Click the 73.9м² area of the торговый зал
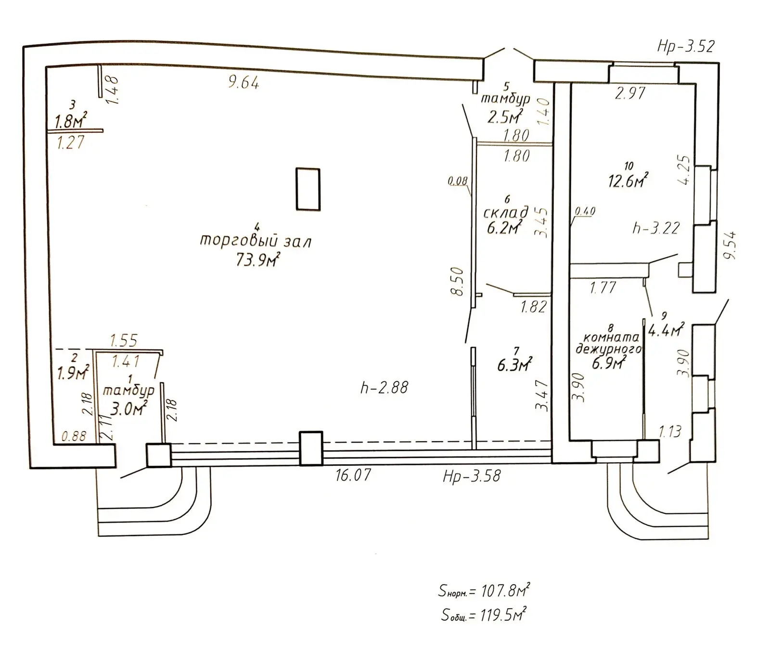tap(258, 260)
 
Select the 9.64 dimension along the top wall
tap(244, 83)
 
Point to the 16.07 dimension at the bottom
tap(353, 475)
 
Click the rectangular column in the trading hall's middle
tap(308, 189)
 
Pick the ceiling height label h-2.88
tap(384, 387)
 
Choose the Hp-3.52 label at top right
tap(686, 46)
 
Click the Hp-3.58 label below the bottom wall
tap(472, 476)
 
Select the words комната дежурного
tap(609, 343)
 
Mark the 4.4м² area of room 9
tap(667, 329)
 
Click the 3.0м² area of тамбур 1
tap(128, 408)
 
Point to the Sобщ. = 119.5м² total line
tap(484, 614)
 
